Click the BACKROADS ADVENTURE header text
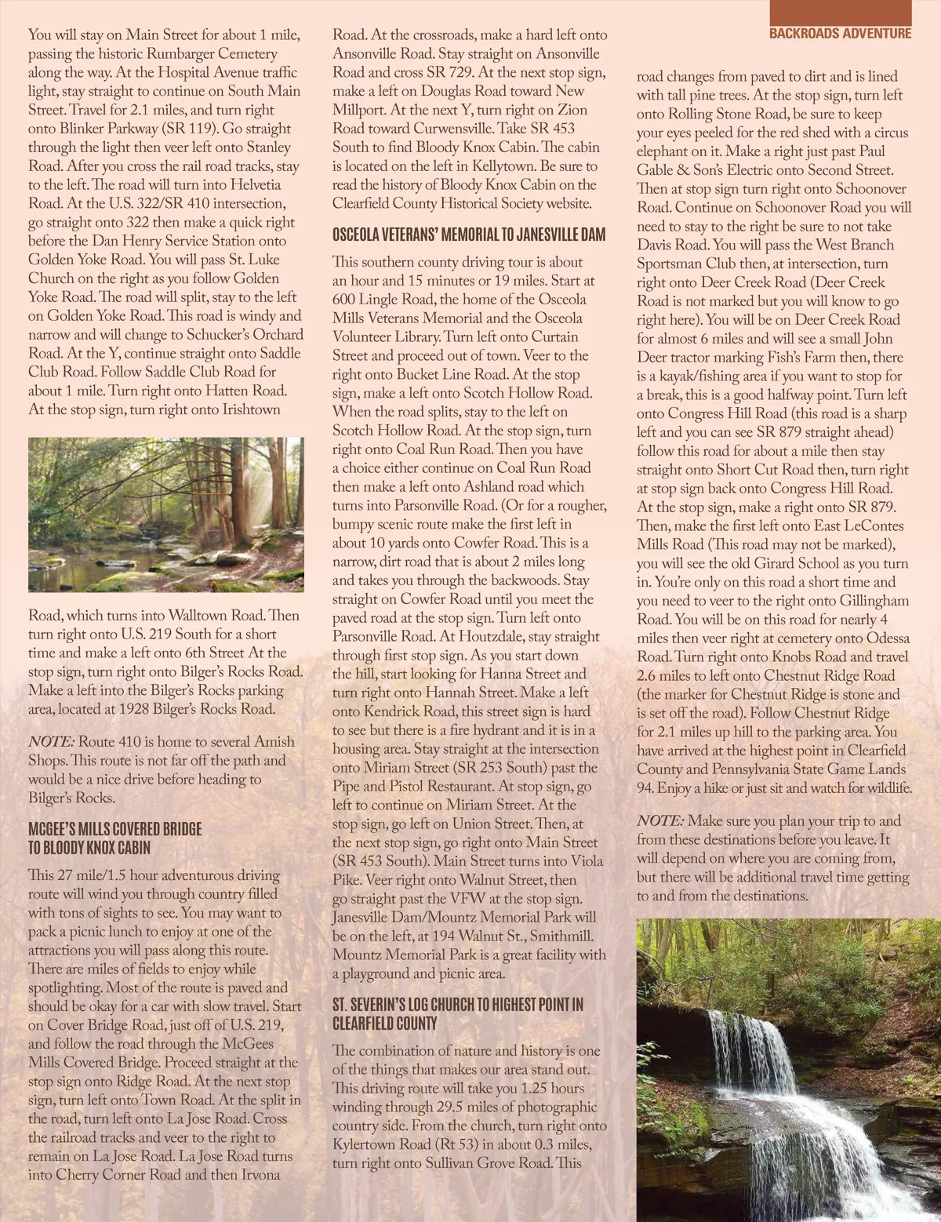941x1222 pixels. pyautogui.click(x=840, y=33)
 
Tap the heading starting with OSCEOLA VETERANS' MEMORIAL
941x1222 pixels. pyautogui.click(x=469, y=235)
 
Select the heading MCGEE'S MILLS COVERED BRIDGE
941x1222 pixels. pyautogui.click(x=115, y=829)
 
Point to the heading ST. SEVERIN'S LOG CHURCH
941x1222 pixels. pyautogui.click(x=458, y=1005)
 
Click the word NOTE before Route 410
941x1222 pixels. pyautogui.click(x=51, y=742)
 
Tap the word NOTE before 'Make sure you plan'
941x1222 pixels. pyautogui.click(x=659, y=821)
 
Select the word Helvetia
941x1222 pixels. pyautogui.click(x=255, y=185)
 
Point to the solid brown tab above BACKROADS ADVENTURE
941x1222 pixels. pyautogui.click(x=840, y=11)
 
